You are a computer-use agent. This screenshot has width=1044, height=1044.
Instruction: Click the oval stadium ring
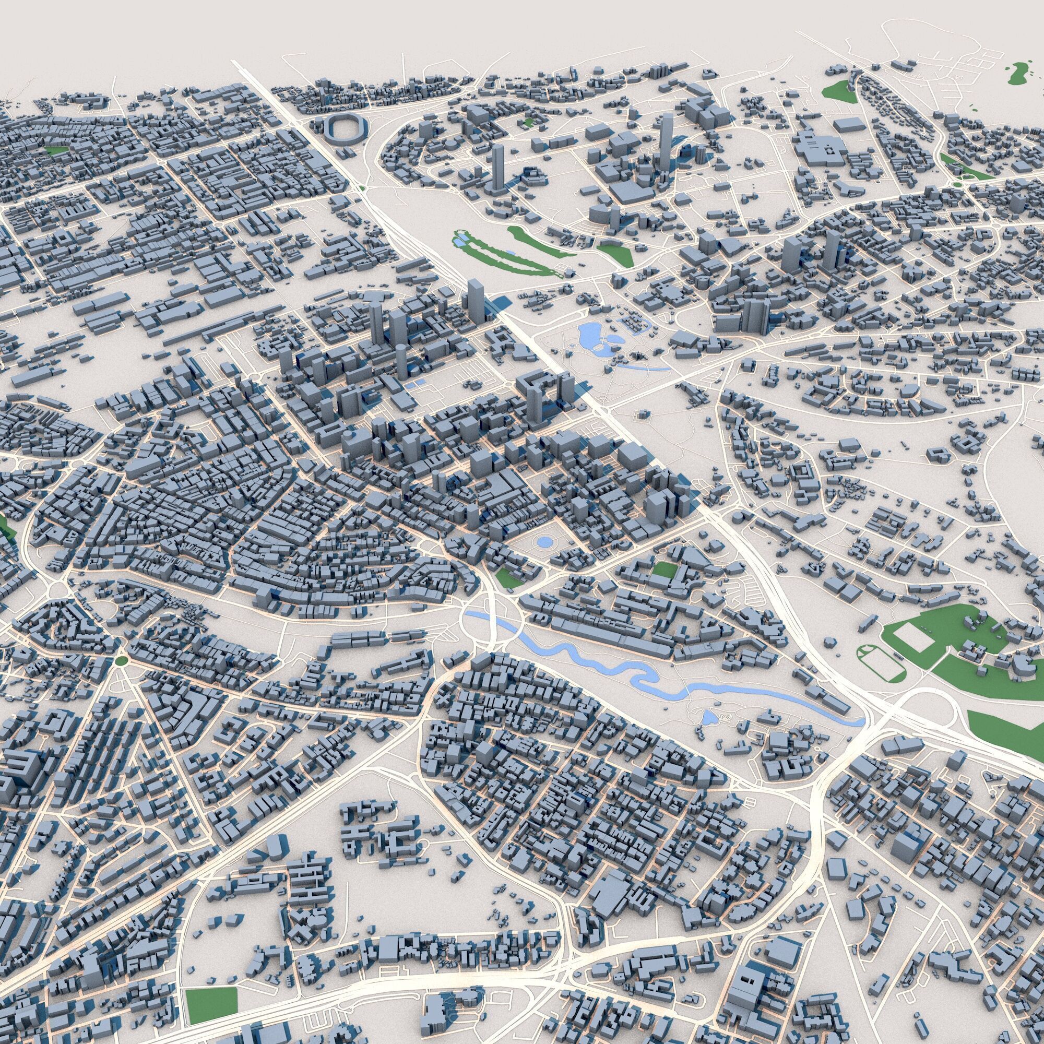tap(344, 129)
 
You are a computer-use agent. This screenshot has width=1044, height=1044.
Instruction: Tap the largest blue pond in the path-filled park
tap(588, 336)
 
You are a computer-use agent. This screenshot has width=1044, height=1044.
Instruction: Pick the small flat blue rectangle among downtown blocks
tap(417, 385)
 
